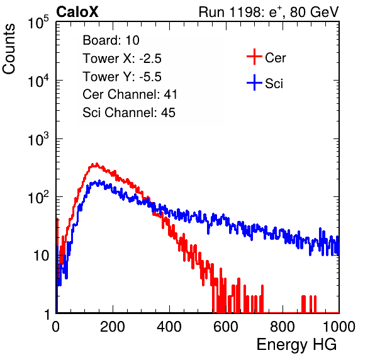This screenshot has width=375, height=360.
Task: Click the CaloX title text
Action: point(77,12)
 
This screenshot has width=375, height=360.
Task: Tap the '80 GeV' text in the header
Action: point(314,12)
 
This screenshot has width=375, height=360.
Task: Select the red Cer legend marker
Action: point(254,57)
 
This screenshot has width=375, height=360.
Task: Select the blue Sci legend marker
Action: point(254,82)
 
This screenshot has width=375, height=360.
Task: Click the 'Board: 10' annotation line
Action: point(111,40)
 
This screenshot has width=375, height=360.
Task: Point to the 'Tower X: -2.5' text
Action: point(122,59)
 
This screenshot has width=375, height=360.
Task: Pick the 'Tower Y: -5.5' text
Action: point(122,77)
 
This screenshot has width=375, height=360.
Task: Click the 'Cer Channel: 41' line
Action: point(130,94)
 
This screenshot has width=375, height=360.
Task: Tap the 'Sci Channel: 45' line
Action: point(129,113)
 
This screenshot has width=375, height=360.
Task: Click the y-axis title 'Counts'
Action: point(9,49)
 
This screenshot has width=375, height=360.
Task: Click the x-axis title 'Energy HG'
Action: point(296,345)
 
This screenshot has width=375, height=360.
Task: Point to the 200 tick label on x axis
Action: point(113,326)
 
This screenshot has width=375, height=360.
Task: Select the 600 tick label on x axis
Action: point(226,326)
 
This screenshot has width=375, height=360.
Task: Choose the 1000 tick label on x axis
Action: point(339,326)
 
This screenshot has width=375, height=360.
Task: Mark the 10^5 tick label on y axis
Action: point(38,22)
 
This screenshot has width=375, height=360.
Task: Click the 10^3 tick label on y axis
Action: point(38,138)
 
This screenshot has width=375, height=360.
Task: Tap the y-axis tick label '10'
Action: point(41,256)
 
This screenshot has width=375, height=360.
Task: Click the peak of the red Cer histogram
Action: point(97,164)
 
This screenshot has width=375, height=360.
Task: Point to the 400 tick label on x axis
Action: point(169,326)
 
